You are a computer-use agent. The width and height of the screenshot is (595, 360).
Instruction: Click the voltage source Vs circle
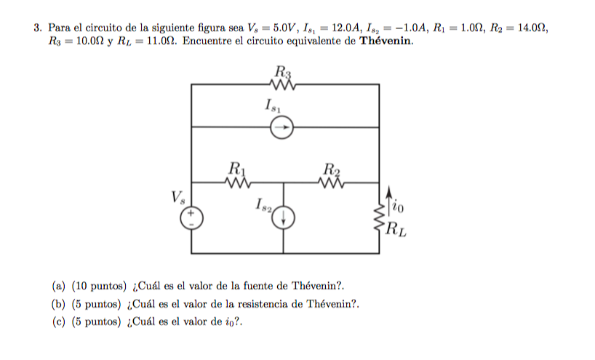click(x=191, y=217)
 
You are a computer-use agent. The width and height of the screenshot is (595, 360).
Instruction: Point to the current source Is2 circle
click(x=284, y=217)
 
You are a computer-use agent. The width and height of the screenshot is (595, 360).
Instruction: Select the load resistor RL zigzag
click(x=379, y=216)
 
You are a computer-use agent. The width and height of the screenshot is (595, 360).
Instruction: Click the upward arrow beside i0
click(x=391, y=201)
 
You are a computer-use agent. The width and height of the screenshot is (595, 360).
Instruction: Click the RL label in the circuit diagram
click(x=396, y=233)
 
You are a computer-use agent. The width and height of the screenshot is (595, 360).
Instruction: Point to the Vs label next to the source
click(x=178, y=196)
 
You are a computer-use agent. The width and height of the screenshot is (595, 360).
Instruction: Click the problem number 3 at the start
click(x=36, y=28)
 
